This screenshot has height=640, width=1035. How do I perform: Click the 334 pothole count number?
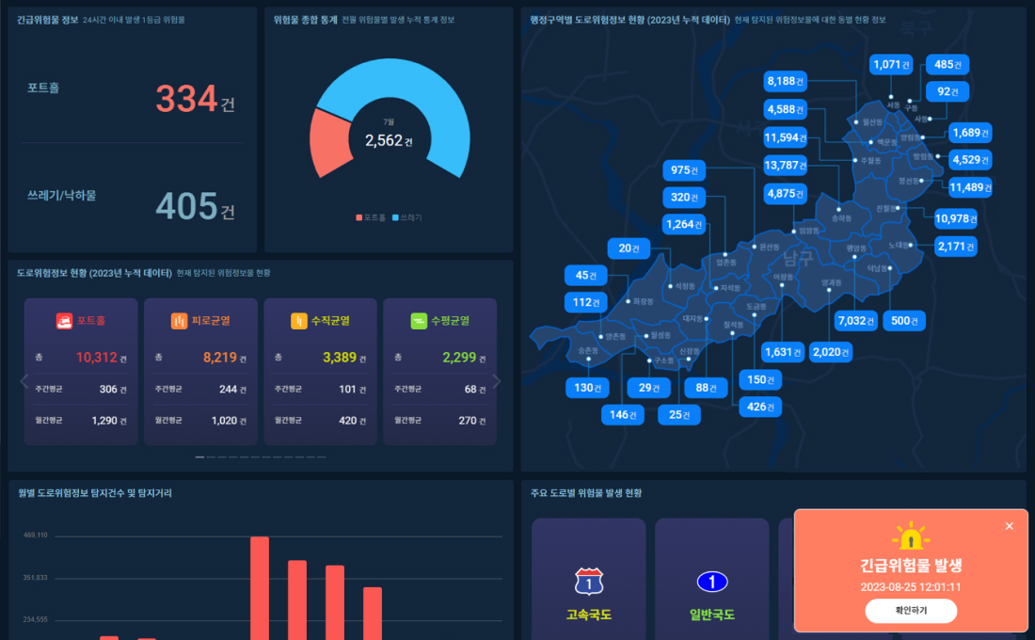pyautogui.click(x=186, y=99)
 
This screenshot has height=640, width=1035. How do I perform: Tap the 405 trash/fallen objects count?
pyautogui.click(x=186, y=206)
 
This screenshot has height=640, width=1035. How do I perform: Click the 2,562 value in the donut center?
pyautogui.click(x=384, y=140)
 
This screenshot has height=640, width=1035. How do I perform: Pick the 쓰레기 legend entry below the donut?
pyautogui.click(x=406, y=217)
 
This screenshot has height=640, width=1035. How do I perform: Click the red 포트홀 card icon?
pyautogui.click(x=64, y=321)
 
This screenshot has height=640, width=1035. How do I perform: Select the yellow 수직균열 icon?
pyautogui.click(x=299, y=321)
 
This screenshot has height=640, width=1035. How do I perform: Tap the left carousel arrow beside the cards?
pyautogui.click(x=25, y=381)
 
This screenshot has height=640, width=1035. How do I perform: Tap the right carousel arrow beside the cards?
pyautogui.click(x=497, y=381)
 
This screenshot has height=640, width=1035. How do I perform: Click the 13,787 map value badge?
pyautogui.click(x=786, y=166)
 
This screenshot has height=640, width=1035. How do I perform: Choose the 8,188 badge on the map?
pyautogui.click(x=786, y=81)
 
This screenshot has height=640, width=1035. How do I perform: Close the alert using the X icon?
pyautogui.click(x=1010, y=526)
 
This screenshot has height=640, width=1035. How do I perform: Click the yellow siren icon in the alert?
pyautogui.click(x=911, y=537)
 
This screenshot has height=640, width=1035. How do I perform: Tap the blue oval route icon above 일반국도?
pyautogui.click(x=712, y=583)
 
